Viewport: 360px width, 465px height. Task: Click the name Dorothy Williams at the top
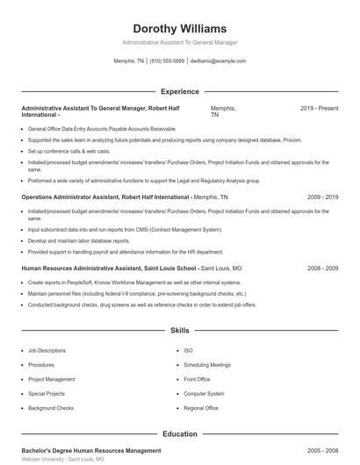(179, 29)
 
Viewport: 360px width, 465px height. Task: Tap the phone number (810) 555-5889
(167, 61)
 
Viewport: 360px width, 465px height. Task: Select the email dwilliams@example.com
(218, 61)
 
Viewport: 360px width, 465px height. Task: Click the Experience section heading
(179, 91)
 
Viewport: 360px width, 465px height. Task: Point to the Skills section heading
(179, 331)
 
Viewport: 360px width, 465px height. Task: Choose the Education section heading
(179, 433)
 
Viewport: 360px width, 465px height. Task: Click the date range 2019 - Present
(319, 108)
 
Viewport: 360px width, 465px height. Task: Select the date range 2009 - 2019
(322, 197)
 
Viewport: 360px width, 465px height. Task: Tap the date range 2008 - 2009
(322, 267)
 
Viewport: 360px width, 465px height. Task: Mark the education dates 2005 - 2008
(322, 450)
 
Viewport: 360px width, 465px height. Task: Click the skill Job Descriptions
(47, 351)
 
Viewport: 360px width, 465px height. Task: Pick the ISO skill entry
(188, 351)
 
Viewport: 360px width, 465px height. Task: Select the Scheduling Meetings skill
(207, 365)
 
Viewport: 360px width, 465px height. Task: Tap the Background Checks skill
(50, 408)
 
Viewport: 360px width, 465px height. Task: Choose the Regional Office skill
(201, 408)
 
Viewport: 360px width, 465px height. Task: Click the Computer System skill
(203, 394)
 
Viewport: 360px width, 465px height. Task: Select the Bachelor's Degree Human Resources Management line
(90, 450)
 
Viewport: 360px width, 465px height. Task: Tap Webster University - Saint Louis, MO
(62, 459)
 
